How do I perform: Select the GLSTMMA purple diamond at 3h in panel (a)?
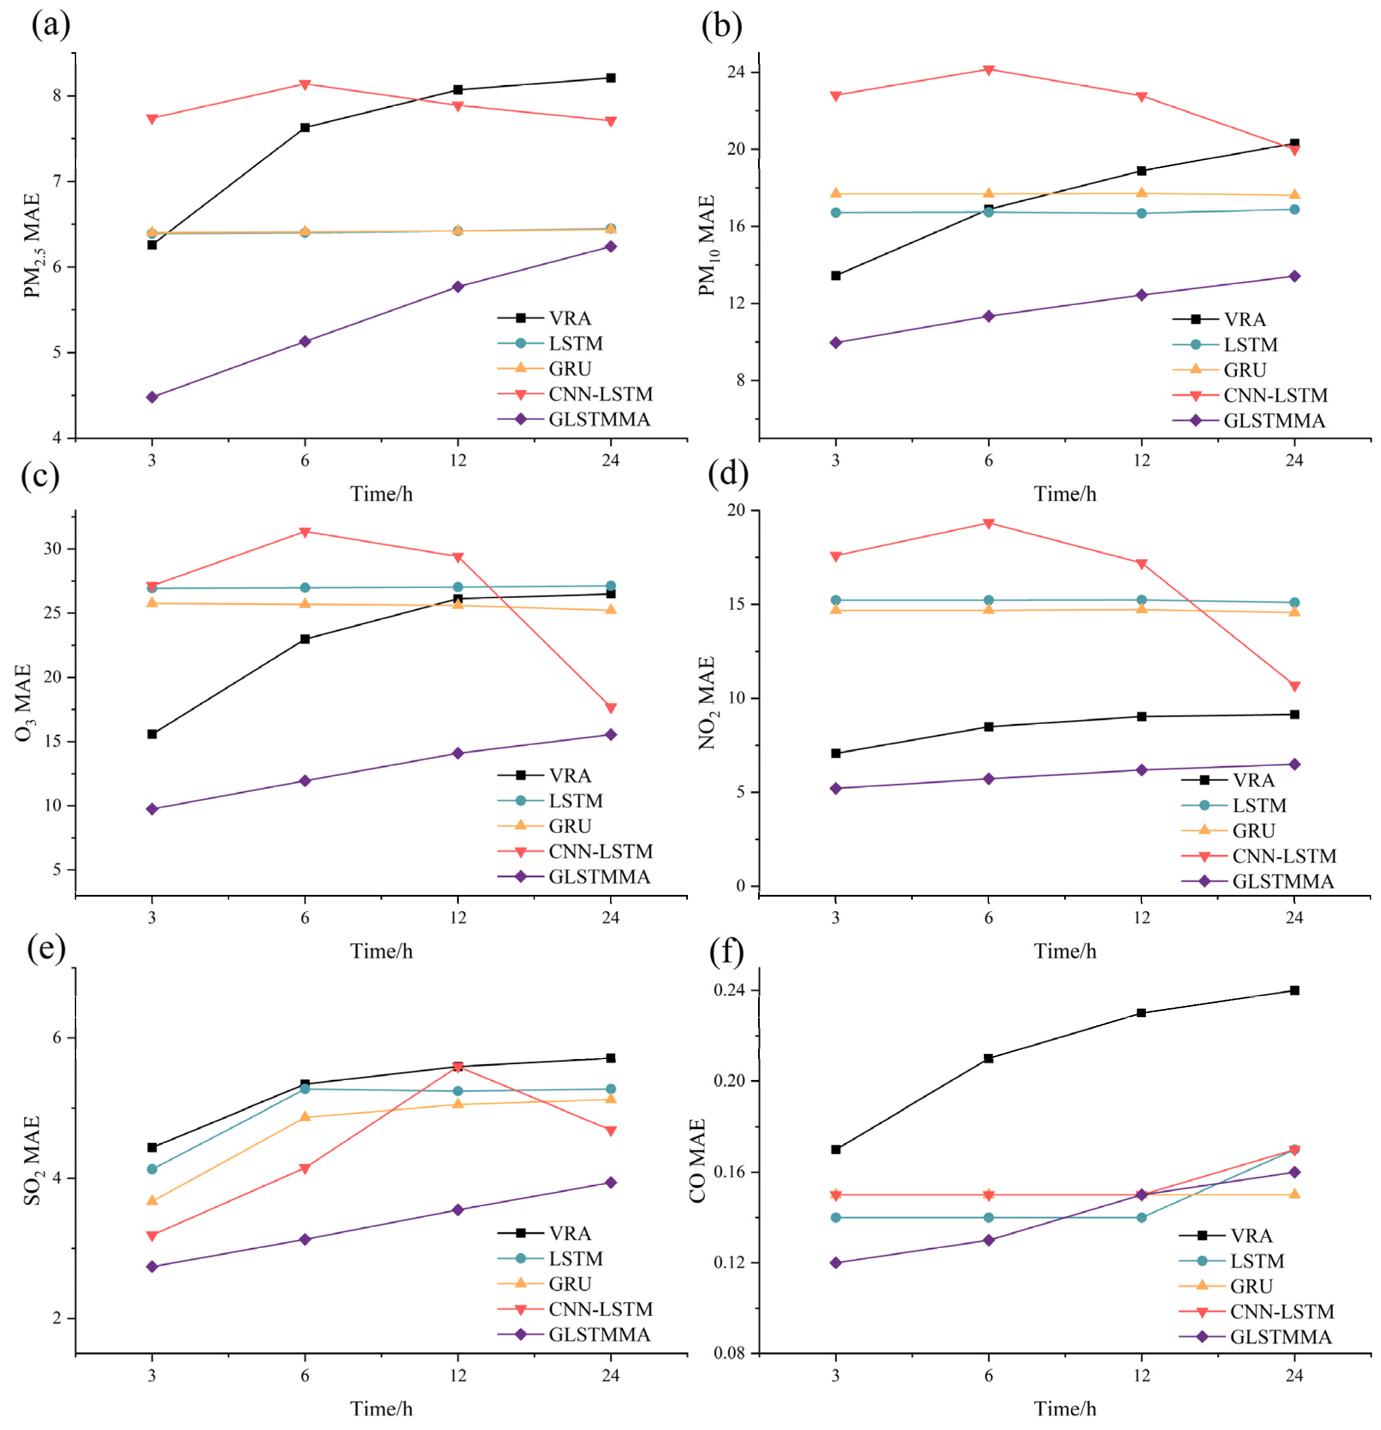coord(152,397)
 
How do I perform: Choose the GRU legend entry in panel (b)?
coord(1245,370)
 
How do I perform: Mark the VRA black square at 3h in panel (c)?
coord(152,734)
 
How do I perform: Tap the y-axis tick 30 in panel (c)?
coord(53,549)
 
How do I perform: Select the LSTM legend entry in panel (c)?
coord(575,801)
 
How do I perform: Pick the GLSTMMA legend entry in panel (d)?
coord(1283,881)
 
